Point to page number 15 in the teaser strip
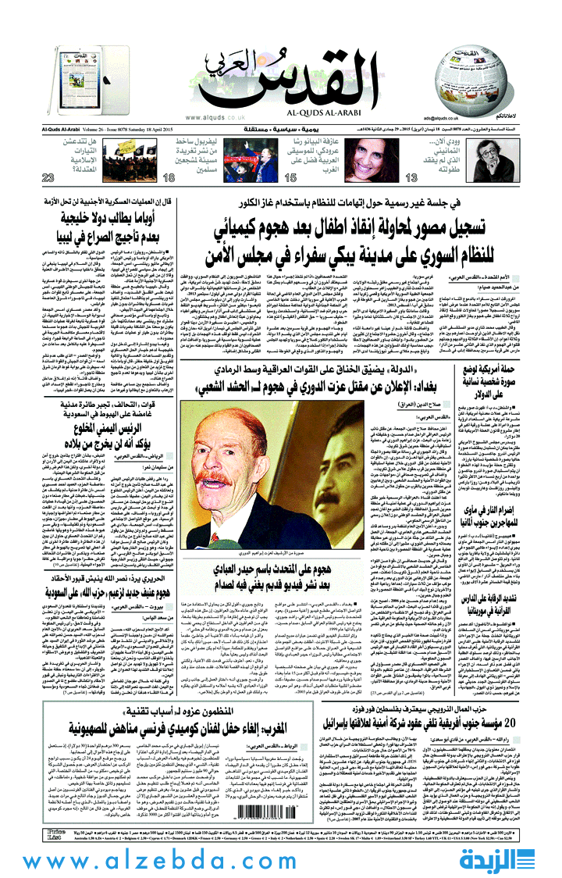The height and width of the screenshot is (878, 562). click(269, 178)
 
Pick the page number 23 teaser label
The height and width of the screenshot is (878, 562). click(27, 178)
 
